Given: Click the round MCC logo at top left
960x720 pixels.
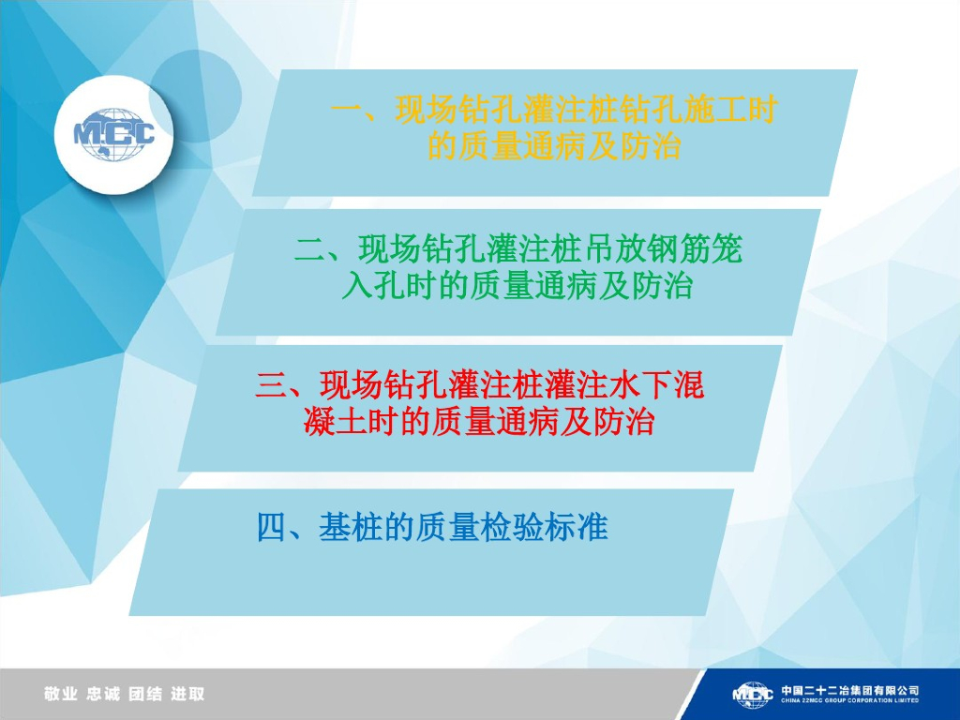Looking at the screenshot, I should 113,133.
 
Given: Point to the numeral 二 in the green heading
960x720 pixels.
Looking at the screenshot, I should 310,249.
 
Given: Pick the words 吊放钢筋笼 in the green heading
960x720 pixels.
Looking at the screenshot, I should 662,249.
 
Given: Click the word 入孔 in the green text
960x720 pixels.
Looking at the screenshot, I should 373,285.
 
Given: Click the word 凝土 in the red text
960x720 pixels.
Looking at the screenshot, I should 335,422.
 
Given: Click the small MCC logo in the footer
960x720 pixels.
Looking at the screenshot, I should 752,695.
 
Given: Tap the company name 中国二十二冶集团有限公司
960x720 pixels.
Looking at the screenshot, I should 849,690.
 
